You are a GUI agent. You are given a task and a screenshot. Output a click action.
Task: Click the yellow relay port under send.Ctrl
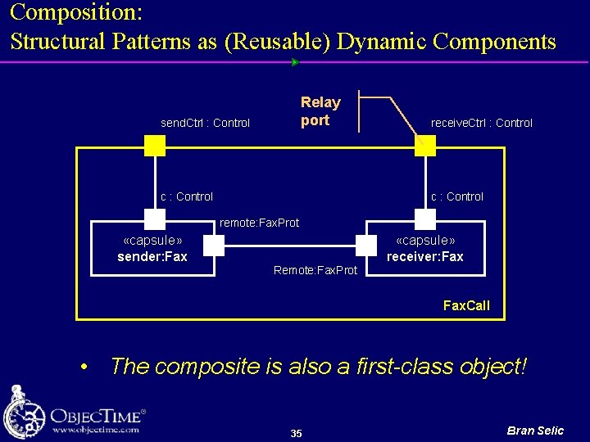coord(155,146)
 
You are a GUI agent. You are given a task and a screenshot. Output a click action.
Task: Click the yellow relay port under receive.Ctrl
coord(425,146)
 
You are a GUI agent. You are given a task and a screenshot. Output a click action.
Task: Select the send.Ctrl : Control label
coord(205,123)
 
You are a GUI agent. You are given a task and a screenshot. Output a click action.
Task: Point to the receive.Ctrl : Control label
coord(481,123)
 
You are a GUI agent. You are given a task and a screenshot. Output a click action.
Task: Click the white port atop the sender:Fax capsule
coord(155,219)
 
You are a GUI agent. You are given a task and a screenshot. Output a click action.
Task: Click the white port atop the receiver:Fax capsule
coord(425,219)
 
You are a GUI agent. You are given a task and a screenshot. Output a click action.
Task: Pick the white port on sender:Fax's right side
coord(213,245)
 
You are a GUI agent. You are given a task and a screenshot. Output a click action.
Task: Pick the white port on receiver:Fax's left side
coord(366,245)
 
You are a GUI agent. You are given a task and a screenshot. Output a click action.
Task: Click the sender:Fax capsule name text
coord(152,257)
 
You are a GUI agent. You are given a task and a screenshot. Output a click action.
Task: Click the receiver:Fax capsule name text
coord(424,257)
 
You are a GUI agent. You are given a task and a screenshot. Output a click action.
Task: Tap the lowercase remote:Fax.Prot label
coord(259,223)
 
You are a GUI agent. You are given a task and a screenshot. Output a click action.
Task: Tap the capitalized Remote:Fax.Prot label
coord(315,270)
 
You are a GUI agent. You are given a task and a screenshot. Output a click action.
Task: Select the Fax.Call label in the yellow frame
coord(466,305)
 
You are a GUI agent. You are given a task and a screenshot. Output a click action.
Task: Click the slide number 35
coord(296,433)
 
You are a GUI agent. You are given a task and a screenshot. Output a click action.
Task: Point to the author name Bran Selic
coord(535,431)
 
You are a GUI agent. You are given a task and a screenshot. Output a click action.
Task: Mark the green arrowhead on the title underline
coord(295,61)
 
